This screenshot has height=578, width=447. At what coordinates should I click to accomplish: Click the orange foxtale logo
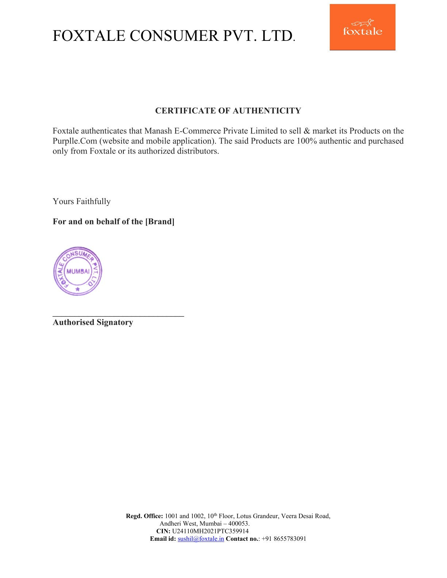point(362,27)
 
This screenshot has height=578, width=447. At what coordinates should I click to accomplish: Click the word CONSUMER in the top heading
point(174,36)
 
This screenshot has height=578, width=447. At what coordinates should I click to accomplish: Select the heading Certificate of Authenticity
point(228,111)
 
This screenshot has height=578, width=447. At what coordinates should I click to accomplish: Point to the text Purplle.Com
point(75,141)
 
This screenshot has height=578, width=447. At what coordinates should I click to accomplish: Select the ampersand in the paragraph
point(307,131)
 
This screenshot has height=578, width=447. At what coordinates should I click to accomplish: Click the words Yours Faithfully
point(81,201)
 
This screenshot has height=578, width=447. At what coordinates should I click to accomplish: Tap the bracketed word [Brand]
point(160,221)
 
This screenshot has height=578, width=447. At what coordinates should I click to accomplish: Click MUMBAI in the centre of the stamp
point(78,271)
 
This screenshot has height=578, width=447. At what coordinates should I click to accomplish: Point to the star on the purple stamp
point(77,289)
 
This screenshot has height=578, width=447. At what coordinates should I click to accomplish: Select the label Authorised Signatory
point(93,322)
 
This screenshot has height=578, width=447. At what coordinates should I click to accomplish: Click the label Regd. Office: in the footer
point(144,516)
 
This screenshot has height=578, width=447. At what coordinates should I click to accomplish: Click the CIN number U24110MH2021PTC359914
point(210,531)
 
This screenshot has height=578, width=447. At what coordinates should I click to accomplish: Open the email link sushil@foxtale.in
point(201,539)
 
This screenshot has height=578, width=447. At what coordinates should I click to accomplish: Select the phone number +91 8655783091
point(284,539)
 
